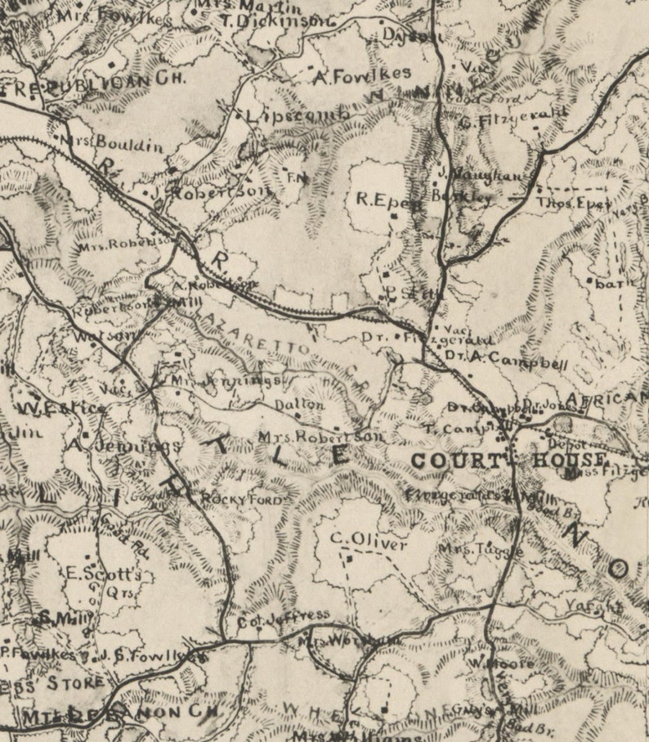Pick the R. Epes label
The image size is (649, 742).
388,199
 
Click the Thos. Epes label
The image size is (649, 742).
573,203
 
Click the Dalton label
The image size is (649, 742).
299,405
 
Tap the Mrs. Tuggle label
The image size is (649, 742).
481,549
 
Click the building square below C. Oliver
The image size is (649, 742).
350,558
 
